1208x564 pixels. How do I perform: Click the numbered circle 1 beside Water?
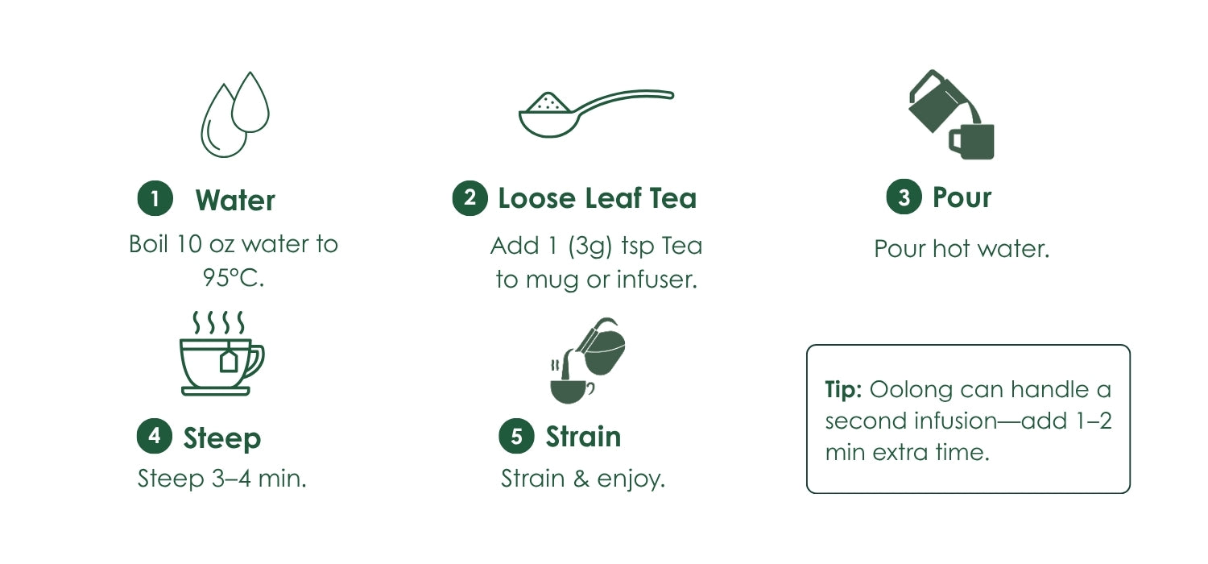tap(155, 199)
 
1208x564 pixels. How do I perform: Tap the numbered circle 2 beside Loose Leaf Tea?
tap(470, 198)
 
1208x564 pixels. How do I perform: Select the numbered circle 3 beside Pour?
tap(904, 197)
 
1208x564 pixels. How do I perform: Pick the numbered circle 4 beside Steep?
tap(155, 436)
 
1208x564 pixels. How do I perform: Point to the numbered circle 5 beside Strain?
tap(516, 436)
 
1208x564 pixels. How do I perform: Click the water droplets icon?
tap(235, 114)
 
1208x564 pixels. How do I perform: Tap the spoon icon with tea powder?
tap(596, 113)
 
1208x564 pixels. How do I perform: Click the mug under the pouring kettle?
tap(971, 142)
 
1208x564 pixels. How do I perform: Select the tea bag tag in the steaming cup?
tap(229, 359)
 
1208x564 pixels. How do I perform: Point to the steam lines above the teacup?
tap(218, 322)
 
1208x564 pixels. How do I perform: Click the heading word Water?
tap(235, 201)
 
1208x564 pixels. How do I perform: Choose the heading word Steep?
tap(222, 438)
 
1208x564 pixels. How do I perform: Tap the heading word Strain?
tap(583, 437)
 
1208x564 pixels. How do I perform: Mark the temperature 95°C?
tap(234, 278)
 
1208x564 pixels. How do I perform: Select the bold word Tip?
tap(843, 390)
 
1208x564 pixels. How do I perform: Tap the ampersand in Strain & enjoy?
tap(581, 479)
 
